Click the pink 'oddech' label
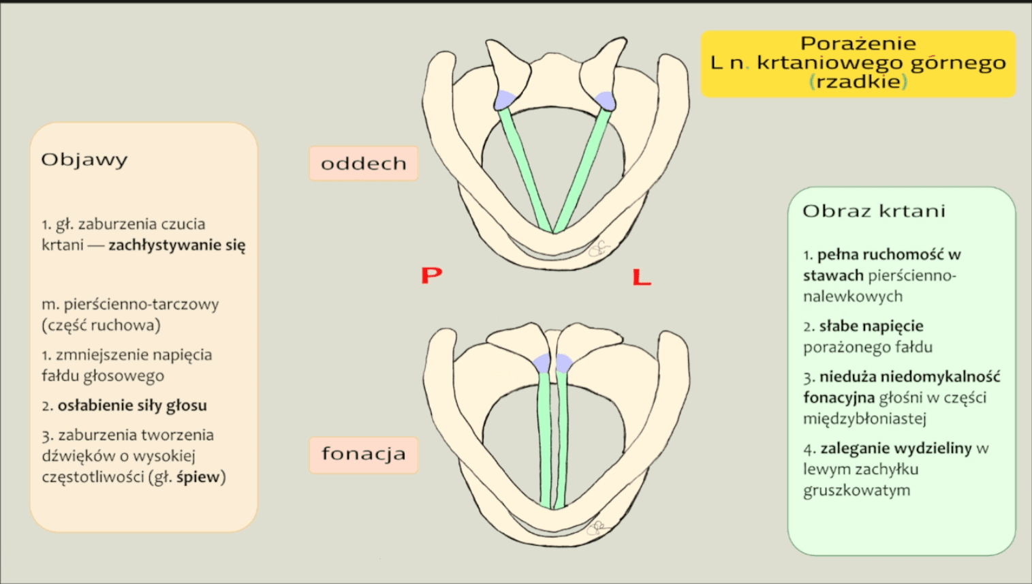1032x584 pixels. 363,164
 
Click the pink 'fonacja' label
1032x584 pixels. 363,455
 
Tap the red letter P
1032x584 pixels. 431,275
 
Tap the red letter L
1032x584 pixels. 642,277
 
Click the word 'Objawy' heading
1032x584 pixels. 84,160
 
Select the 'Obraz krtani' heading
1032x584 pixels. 874,211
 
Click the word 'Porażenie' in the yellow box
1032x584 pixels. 858,44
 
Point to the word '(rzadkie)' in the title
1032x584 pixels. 858,82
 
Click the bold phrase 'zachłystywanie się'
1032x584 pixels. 177,245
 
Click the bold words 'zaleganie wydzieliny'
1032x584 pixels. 896,448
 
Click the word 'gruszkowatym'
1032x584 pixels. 856,491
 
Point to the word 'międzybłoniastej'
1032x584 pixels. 864,419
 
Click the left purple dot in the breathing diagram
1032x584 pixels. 504,100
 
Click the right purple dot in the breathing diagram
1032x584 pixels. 605,101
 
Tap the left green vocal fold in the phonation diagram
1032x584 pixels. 544,443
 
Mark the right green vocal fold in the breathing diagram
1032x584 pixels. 582,170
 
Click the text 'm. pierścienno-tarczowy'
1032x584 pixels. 130,305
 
